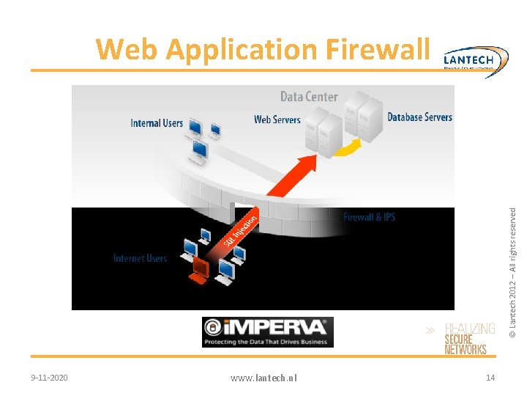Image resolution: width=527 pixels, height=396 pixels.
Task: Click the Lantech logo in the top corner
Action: click(476, 59)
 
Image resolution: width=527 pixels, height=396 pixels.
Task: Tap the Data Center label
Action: click(309, 97)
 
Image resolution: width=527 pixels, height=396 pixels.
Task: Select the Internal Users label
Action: click(157, 123)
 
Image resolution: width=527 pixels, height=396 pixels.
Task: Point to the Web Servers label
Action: click(277, 120)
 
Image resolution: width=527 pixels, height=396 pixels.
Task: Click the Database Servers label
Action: click(419, 117)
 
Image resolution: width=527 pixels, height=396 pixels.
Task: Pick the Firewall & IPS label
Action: click(369, 217)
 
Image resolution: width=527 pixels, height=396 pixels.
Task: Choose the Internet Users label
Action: click(140, 258)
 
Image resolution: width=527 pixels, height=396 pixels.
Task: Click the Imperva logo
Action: click(267, 327)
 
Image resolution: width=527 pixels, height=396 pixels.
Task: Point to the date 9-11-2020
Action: click(50, 378)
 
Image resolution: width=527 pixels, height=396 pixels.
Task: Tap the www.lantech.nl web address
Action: click(263, 378)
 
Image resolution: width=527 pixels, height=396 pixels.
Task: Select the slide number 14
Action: click(490, 378)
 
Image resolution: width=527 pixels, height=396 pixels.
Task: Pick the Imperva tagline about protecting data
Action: click(267, 342)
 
